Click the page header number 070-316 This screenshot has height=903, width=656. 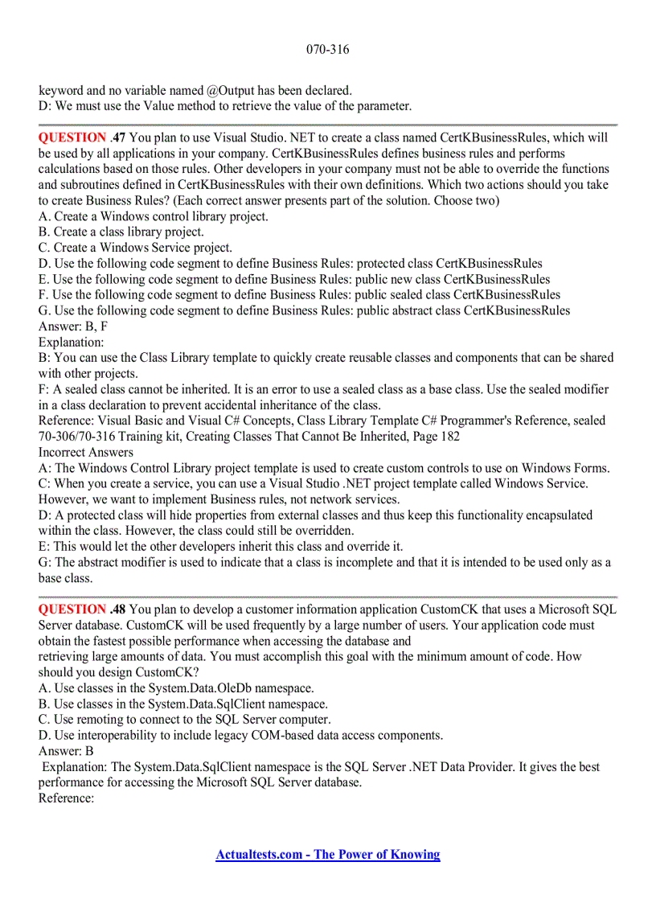click(x=327, y=50)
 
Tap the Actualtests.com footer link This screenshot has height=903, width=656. click(x=327, y=855)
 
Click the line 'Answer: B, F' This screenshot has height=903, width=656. click(x=73, y=326)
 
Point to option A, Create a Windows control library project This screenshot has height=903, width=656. click(x=154, y=216)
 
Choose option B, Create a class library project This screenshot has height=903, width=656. click(x=121, y=232)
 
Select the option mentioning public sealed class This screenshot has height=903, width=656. click(x=299, y=295)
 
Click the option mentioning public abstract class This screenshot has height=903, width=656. click(x=304, y=310)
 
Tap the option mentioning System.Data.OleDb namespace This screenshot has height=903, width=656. click(x=176, y=688)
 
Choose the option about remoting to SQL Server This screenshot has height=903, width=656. click(x=184, y=720)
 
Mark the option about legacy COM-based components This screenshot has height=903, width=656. click(x=240, y=736)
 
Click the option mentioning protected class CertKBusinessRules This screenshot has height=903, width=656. click(x=290, y=264)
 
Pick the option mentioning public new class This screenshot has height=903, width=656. click(x=294, y=279)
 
